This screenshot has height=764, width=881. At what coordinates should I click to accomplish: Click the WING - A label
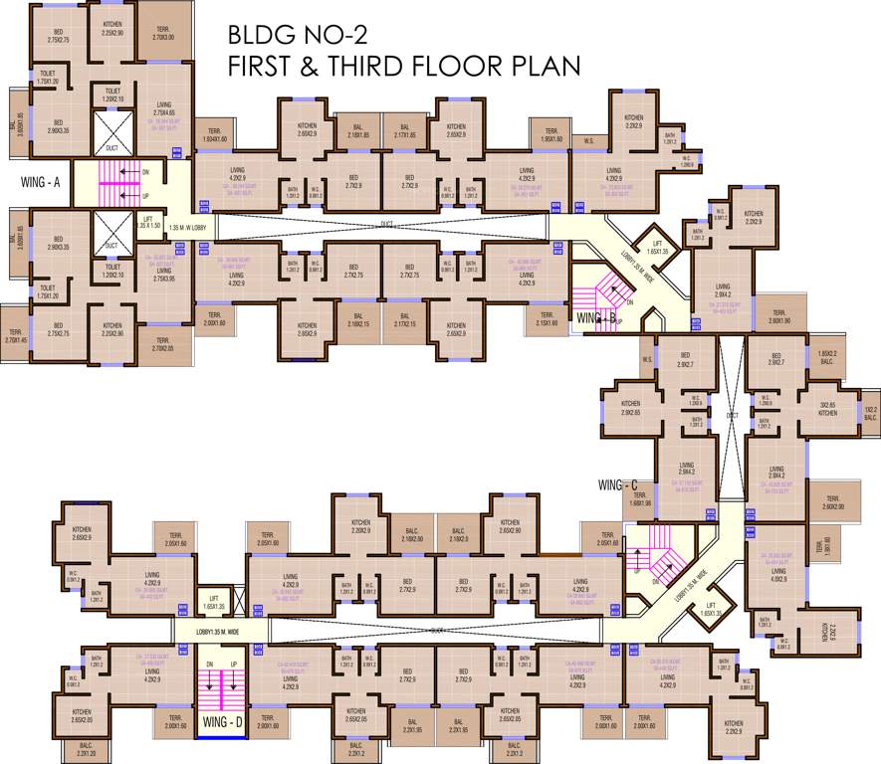(41, 182)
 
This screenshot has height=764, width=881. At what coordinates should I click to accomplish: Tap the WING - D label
(222, 722)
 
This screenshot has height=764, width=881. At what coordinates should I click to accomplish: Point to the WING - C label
(618, 484)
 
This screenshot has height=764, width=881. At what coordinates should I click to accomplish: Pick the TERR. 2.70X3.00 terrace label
(163, 34)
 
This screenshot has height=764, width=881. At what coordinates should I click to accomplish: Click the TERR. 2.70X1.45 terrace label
(15, 336)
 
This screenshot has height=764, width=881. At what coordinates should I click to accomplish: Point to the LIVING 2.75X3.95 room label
(163, 274)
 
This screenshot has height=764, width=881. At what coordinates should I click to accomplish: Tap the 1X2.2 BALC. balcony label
(870, 414)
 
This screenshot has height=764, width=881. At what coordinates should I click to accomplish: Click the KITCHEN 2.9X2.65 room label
(630, 408)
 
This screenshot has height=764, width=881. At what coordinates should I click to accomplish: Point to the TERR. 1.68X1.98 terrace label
(640, 499)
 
